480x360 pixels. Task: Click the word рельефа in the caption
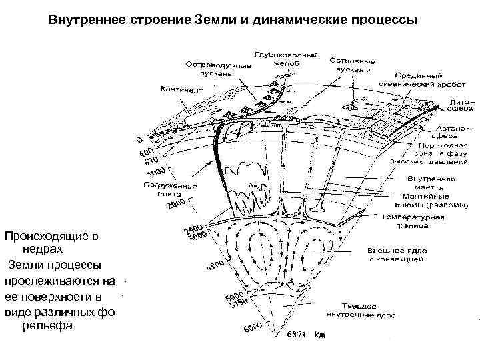tap(44, 326)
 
